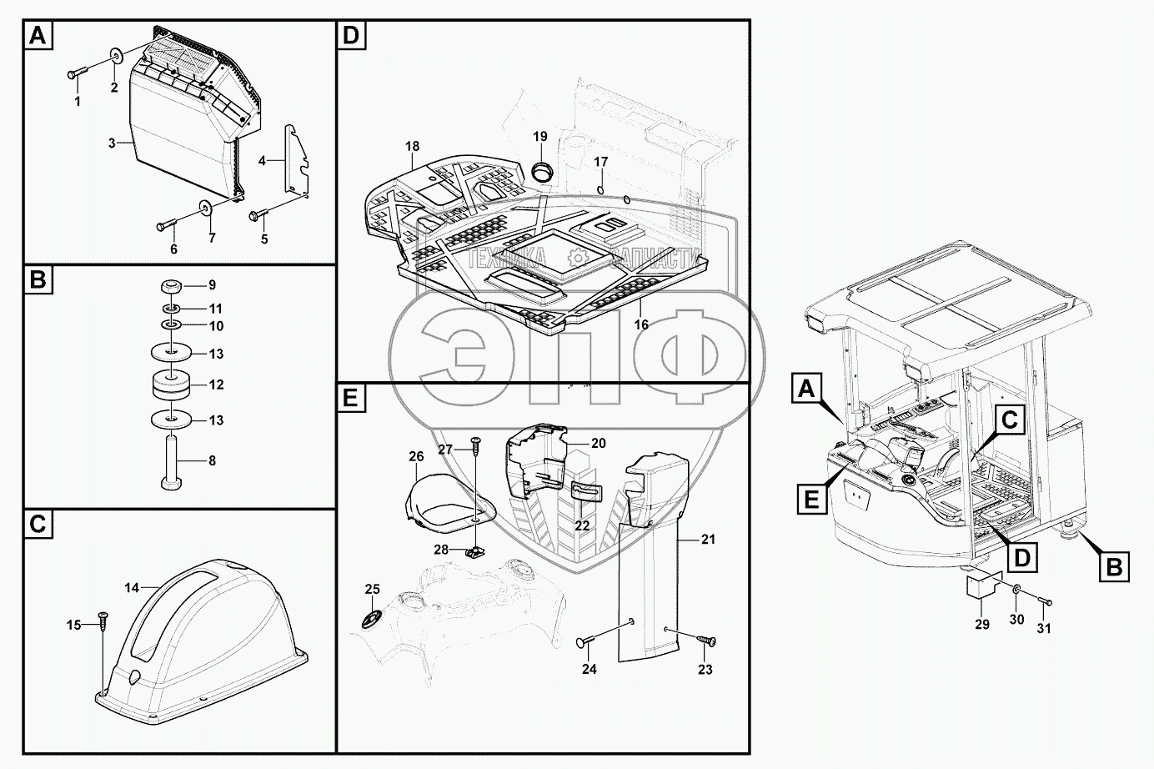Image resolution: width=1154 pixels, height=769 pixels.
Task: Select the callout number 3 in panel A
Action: (112, 143)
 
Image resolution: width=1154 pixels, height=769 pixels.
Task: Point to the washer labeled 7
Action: (204, 206)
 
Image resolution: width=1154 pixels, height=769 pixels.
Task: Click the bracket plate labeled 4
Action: (296, 158)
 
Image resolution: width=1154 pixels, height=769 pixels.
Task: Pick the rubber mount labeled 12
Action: (172, 385)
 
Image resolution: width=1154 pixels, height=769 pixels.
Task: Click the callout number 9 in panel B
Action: (212, 285)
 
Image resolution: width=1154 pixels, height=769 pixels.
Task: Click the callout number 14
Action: (132, 588)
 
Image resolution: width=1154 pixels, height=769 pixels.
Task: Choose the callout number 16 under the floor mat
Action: (640, 325)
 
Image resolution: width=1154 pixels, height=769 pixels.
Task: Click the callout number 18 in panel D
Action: (412, 147)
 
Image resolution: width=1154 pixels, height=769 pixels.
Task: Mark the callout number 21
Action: (708, 540)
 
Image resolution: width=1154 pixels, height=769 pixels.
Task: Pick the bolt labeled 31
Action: (1044, 601)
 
